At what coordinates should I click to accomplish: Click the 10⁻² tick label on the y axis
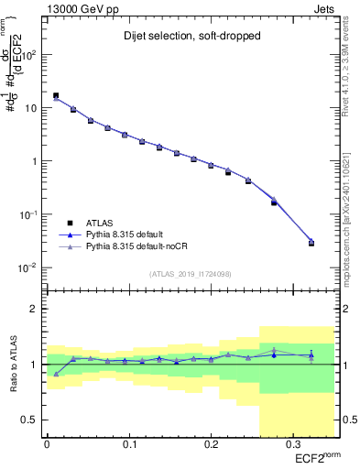(29, 267)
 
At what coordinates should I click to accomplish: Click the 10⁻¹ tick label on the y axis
(29, 214)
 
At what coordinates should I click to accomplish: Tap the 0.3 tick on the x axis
(291, 445)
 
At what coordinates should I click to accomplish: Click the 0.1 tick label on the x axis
(128, 445)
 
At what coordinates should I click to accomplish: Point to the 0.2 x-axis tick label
(210, 445)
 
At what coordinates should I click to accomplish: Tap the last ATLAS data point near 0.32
(311, 244)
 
